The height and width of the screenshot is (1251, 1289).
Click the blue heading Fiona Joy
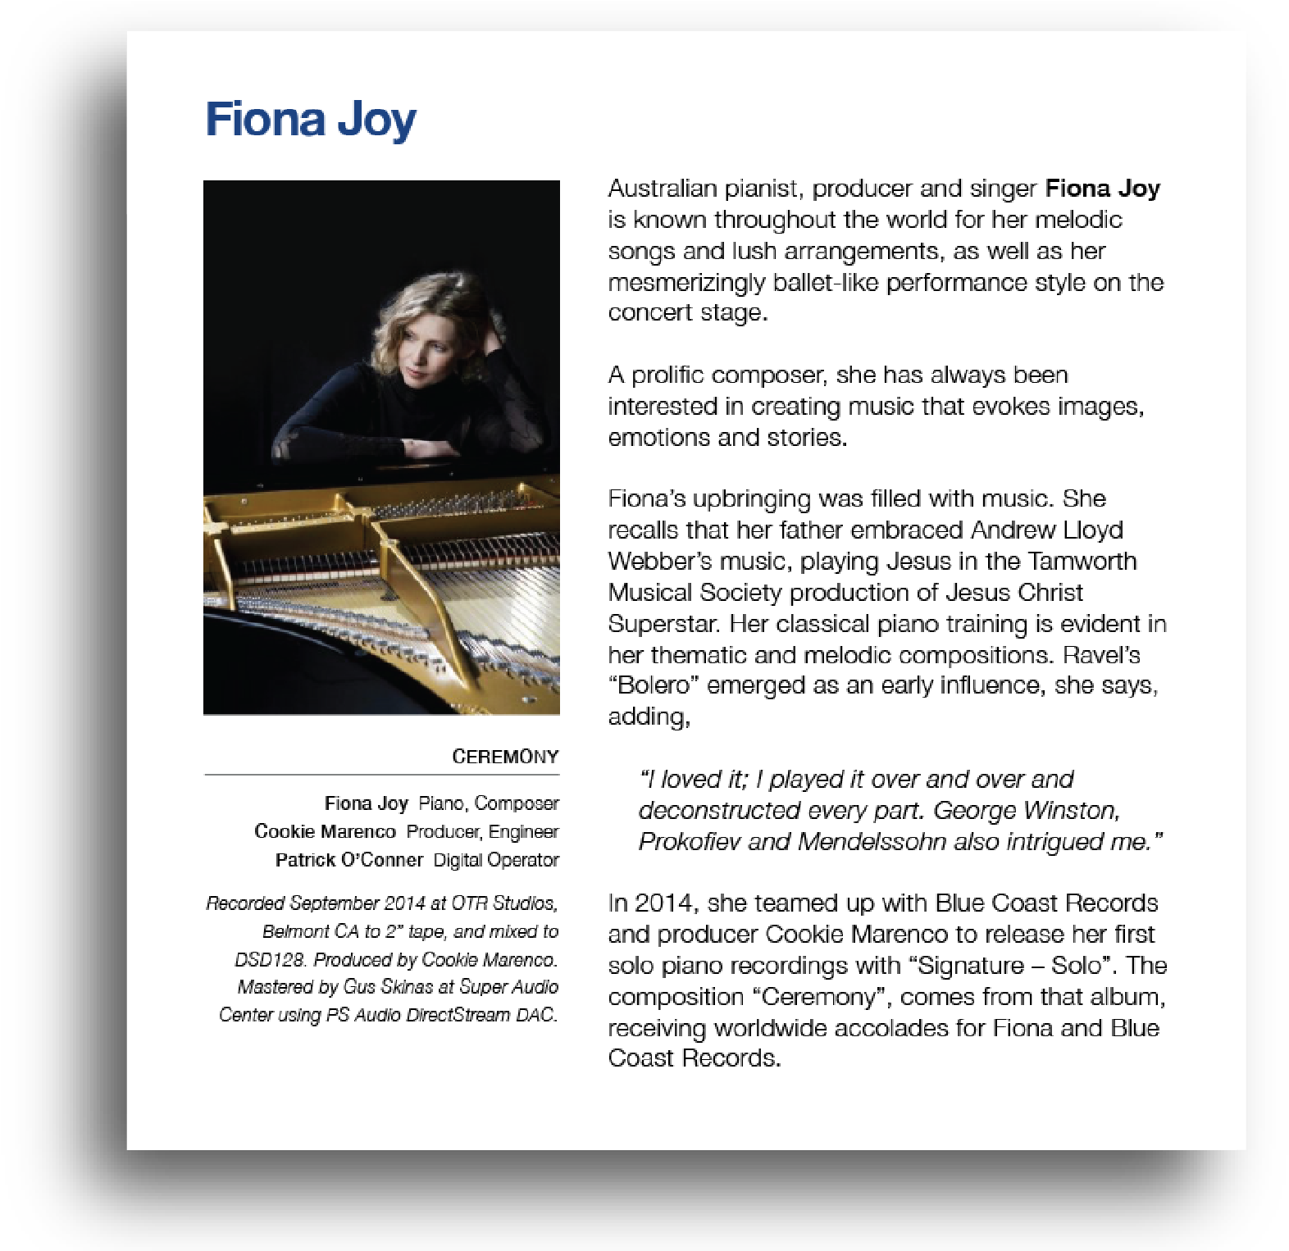tap(310, 120)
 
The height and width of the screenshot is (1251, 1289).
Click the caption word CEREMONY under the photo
tap(505, 757)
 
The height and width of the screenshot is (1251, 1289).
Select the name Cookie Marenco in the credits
tap(325, 831)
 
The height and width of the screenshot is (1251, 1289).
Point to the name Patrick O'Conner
tap(348, 860)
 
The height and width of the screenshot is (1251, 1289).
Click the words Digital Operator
tap(496, 860)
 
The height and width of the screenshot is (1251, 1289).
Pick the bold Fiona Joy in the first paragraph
tap(1102, 189)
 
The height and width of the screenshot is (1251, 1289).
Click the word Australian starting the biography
tap(663, 189)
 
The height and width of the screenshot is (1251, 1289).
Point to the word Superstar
tap(664, 624)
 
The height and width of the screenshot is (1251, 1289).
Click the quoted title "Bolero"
tap(651, 685)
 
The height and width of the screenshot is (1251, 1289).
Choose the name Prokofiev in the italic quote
tap(690, 842)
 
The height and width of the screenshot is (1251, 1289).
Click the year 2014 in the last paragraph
tap(664, 903)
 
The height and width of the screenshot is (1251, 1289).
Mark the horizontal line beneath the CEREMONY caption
tap(381, 774)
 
